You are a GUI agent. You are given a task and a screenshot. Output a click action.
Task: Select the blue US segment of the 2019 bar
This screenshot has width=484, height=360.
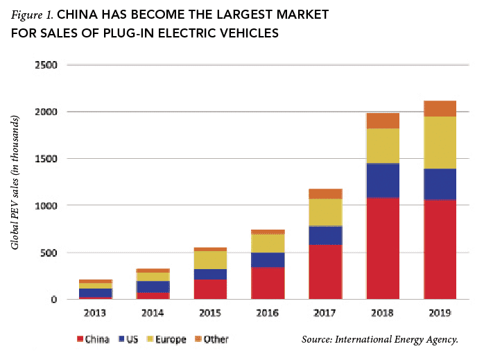pyautogui.click(x=439, y=184)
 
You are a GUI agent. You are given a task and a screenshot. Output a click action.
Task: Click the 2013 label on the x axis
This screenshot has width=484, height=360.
pyautogui.click(x=95, y=313)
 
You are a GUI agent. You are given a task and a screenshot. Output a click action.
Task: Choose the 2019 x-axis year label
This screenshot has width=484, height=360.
pyautogui.click(x=439, y=313)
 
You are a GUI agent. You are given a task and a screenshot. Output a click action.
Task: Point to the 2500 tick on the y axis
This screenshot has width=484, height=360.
pyautogui.click(x=46, y=65)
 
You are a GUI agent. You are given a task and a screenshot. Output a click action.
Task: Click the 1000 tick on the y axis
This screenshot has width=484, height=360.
pyautogui.click(x=46, y=205)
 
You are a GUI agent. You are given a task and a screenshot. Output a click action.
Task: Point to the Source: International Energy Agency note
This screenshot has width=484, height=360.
pyautogui.click(x=380, y=339)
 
